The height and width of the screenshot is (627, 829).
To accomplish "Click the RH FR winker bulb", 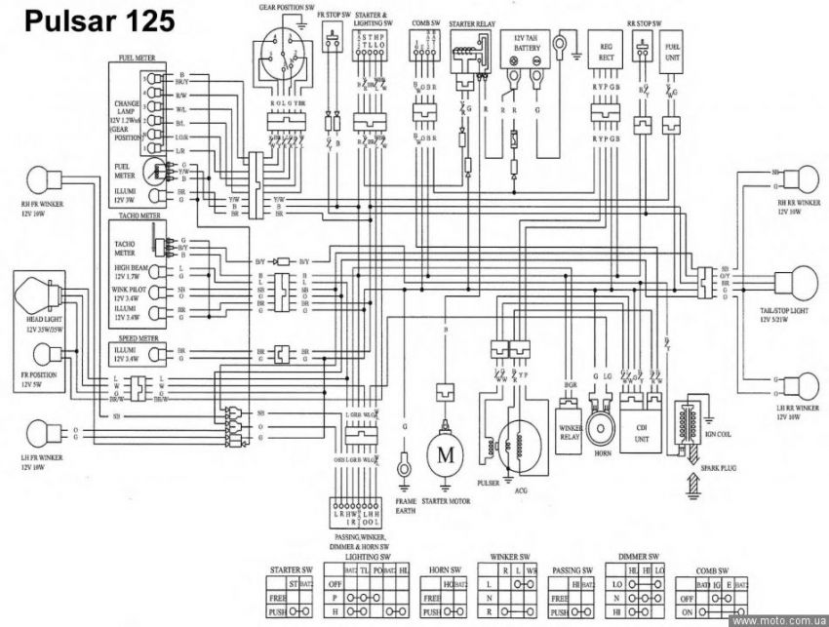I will pos(39,179).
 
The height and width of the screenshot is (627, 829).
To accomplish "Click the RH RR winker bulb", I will pos(795,181).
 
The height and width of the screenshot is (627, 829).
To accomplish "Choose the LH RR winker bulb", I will pos(795,384).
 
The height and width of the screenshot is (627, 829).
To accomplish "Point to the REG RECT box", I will pos(606,51).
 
